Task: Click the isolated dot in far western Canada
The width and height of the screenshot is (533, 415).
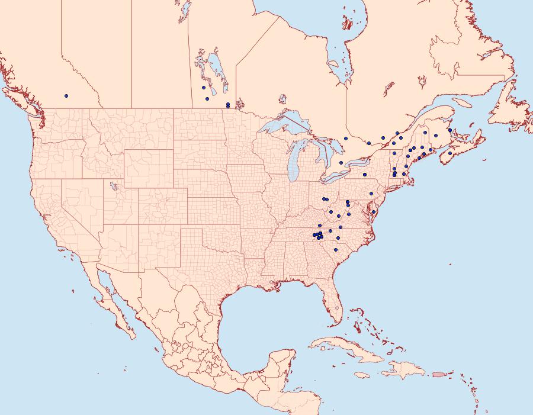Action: (x=66, y=95)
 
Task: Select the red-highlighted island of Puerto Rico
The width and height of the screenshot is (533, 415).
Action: (x=438, y=374)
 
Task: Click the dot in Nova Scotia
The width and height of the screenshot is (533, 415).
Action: (x=450, y=153)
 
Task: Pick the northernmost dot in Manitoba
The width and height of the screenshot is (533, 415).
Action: (x=204, y=88)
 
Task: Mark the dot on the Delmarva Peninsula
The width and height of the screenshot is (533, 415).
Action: (x=374, y=211)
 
